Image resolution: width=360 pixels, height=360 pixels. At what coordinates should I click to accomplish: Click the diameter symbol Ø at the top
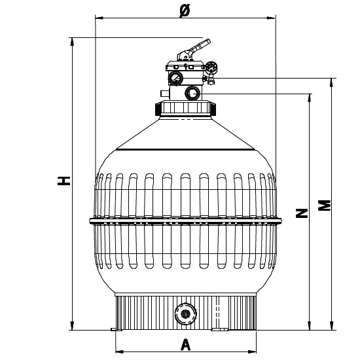[184, 12]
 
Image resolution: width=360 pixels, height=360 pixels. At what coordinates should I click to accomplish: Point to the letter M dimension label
[323, 205]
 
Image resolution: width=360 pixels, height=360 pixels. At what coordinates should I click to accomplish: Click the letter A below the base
[185, 343]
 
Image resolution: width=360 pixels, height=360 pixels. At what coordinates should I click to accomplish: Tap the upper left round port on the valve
[175, 79]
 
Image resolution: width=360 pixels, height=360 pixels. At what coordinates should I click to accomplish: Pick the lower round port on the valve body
[193, 92]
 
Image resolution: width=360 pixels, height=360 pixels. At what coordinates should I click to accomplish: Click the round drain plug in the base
[185, 314]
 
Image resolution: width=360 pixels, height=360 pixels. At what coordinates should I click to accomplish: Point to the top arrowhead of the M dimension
[332, 81]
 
